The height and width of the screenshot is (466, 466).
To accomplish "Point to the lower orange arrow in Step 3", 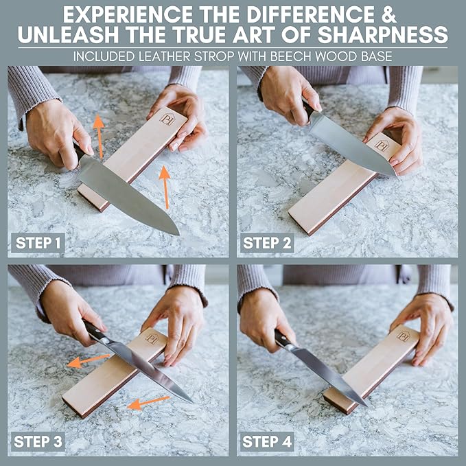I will point(149,402).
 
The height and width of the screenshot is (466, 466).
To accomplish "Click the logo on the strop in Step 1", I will point(167,119).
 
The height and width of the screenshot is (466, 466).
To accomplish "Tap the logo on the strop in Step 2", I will point(382,145).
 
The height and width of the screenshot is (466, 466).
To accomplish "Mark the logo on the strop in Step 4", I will point(403,336).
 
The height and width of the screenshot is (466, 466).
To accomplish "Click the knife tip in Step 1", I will point(177,233).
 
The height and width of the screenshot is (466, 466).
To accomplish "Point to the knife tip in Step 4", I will point(366,404).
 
